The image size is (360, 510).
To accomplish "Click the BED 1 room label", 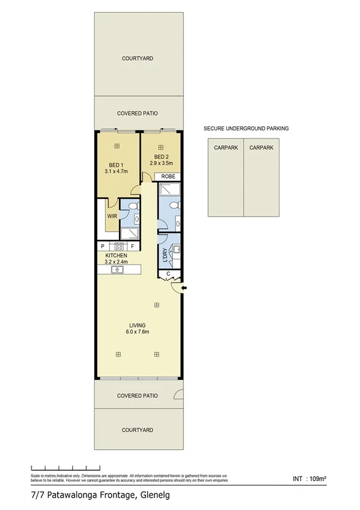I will click(x=116, y=165).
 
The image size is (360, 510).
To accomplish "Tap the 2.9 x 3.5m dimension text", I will click(x=161, y=163).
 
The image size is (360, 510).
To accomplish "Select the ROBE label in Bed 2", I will click(x=168, y=177).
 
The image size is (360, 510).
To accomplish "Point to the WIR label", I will click(x=111, y=215).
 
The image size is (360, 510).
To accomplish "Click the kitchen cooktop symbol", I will click(x=119, y=246).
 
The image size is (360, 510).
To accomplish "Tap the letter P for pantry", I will click(x=103, y=246).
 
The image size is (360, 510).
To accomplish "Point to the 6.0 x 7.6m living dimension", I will click(x=137, y=331).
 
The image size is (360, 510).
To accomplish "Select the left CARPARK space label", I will click(x=225, y=147).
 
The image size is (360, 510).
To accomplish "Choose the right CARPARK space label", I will click(x=261, y=147).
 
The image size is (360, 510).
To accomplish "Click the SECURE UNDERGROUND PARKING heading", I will click(x=246, y=128).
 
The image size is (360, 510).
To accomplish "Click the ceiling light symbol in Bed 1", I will click(x=118, y=146).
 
